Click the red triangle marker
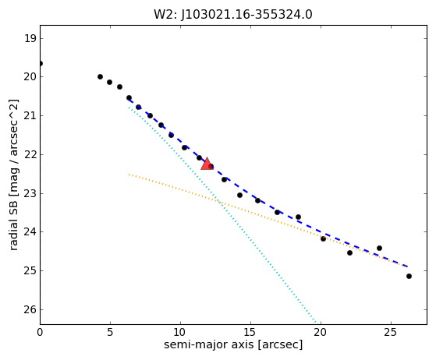207,164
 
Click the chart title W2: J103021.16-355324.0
233,15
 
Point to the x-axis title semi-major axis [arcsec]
233,344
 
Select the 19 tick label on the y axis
30,38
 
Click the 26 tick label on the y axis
30,309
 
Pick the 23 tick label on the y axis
30,193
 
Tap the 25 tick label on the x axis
392,332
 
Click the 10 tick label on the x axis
180,332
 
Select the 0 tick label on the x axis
40,332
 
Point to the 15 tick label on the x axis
251,332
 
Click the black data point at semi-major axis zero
41,64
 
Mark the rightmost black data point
409,276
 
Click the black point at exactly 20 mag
100,76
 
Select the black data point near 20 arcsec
323,238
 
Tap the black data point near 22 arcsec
349,252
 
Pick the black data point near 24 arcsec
379,248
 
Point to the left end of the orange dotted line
129,175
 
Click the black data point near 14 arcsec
239,196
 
